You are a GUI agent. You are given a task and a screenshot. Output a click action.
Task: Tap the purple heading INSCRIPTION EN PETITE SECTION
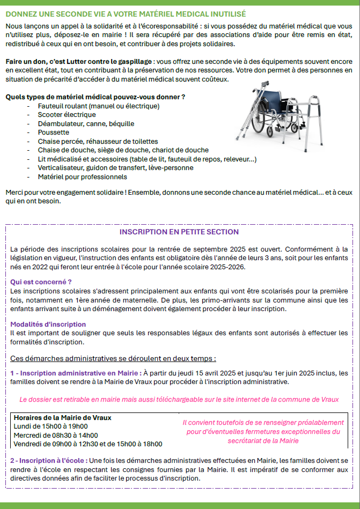coord(179,232)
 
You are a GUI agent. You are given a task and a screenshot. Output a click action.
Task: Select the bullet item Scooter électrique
coord(67,114)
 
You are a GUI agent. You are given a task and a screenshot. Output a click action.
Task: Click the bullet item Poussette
coord(53,132)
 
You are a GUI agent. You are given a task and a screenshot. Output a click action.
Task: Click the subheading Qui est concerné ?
coord(41,281)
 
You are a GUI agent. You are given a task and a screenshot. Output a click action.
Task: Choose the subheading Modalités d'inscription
coord(48,324)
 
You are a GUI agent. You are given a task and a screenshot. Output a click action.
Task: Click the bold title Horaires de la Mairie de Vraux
coord(62,417)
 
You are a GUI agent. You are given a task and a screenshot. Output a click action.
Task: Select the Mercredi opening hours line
coord(55,435)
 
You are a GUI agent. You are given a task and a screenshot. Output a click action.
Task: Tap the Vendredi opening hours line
coord(87,444)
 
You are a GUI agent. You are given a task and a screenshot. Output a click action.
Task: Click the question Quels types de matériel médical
coord(95,97)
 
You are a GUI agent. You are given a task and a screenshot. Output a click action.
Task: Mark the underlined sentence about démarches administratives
coord(113,358)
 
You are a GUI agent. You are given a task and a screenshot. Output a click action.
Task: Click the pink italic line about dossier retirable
coord(179,400)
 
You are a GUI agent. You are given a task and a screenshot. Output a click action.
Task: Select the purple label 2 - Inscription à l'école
coord(46,461)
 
